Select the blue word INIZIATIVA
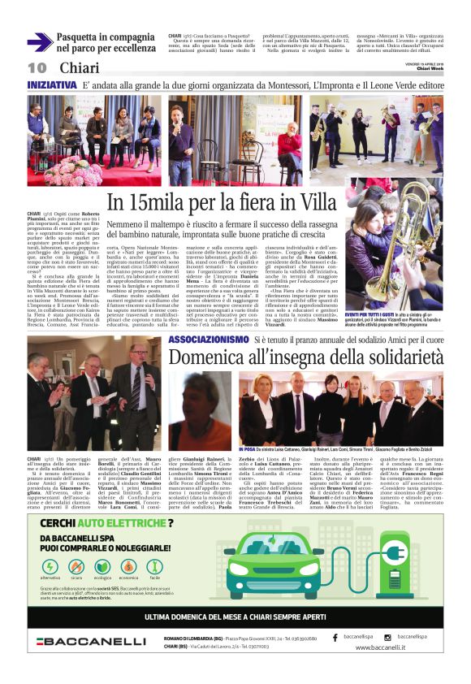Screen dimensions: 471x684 coord(52,85)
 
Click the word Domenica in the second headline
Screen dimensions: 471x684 coord(204,358)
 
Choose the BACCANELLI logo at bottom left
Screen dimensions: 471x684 coord(90,642)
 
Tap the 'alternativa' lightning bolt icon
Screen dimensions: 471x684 coord(50,566)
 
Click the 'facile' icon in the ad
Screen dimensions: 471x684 coord(154,566)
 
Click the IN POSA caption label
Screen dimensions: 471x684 coord(247,448)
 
